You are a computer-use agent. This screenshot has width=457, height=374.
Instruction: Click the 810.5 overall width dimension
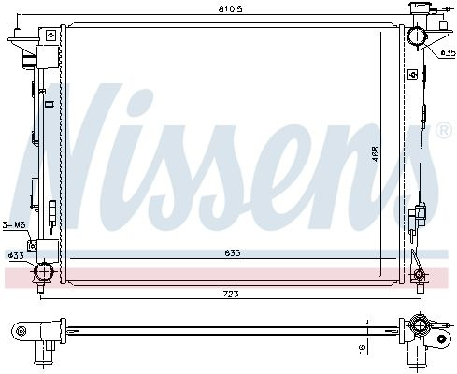coord(230,9)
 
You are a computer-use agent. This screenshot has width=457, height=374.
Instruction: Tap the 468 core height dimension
coord(376,153)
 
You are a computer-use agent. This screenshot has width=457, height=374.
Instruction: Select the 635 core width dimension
coord(233,253)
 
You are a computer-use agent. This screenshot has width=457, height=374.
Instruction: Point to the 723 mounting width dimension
coord(231,294)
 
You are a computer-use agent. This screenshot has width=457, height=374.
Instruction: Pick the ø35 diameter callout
coord(449,53)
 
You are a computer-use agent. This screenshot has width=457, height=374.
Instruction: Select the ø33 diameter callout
coord(16,256)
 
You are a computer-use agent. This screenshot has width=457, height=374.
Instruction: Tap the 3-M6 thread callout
coord(14,224)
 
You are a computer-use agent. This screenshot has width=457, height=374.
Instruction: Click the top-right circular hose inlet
coord(417,36)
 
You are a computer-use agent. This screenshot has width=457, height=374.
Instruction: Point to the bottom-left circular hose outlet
coord(44,271)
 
